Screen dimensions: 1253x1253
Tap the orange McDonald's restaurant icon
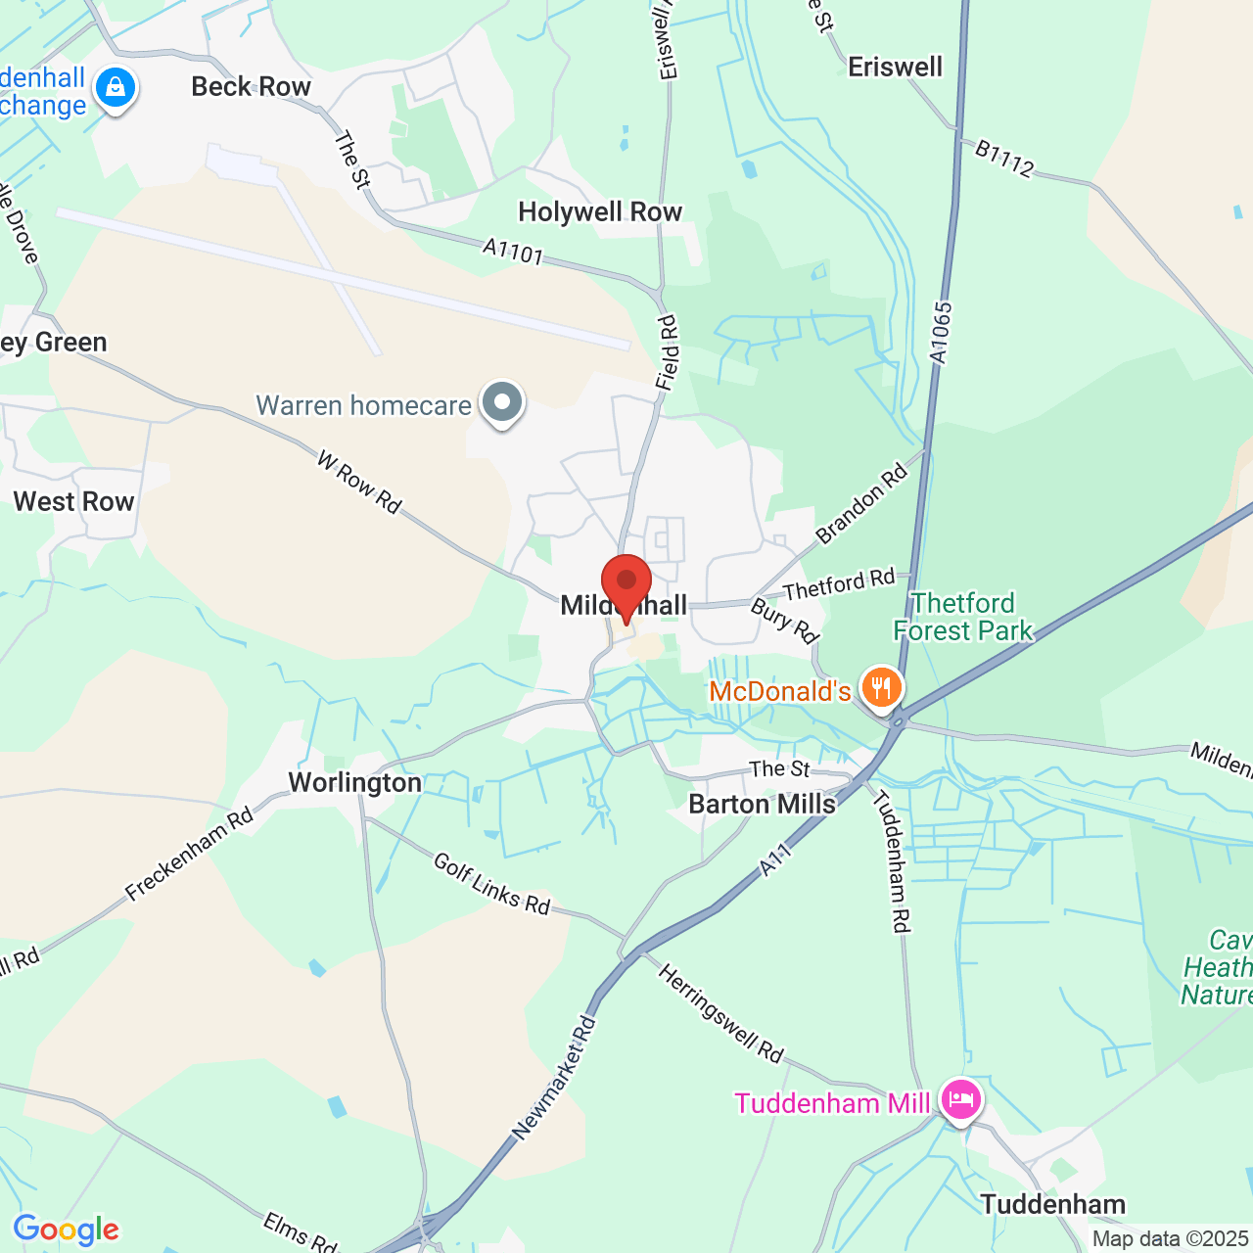[x=882, y=687]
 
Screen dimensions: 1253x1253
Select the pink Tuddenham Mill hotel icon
[x=960, y=1100]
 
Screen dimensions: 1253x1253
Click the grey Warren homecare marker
[x=502, y=403]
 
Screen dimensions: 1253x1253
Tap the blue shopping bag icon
[x=116, y=89]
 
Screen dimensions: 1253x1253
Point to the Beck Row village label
[x=251, y=87]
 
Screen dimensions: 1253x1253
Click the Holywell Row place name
[x=600, y=212]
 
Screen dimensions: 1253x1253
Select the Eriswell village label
[x=895, y=68]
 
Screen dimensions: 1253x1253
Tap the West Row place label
[x=73, y=502]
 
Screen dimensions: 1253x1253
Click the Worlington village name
[x=354, y=783]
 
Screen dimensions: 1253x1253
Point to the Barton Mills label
[x=762, y=805]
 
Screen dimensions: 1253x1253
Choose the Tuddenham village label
[x=1053, y=1204]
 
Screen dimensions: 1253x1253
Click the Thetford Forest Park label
[x=963, y=617]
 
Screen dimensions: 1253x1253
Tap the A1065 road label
[x=941, y=334]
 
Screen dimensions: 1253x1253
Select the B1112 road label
[x=1004, y=160]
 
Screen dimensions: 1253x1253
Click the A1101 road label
[x=513, y=253]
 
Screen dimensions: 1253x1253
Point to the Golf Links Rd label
[x=491, y=884]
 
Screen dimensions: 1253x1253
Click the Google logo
[x=67, y=1230]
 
